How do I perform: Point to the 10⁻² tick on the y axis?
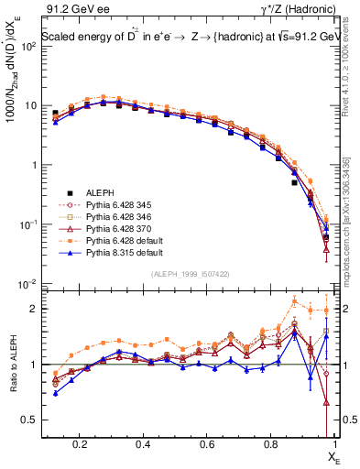point(27,284)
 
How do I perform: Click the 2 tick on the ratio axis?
point(33,309)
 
